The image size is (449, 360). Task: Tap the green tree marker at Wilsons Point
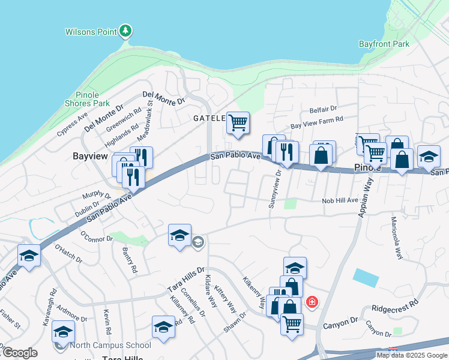point(125,30)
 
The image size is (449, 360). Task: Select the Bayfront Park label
point(384,44)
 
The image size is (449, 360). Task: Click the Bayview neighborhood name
point(89,156)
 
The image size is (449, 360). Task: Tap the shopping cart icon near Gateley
point(238,122)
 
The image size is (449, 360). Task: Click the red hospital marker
point(312,301)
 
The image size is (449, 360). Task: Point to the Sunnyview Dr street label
point(274,190)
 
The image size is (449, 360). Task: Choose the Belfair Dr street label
point(324,110)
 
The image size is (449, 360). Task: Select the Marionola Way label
point(396,238)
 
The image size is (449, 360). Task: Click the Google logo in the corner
point(20,353)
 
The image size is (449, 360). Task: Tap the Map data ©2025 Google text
point(412,355)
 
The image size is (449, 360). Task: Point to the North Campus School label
point(110,345)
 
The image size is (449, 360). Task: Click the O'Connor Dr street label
point(97,238)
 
